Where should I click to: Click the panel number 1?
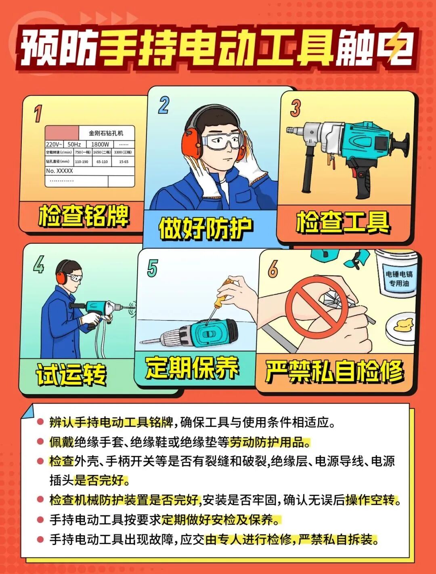38,113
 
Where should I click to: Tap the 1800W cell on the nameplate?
100,144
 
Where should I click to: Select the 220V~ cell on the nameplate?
54,145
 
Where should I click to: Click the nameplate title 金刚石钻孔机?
106,133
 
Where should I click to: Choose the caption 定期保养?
192,367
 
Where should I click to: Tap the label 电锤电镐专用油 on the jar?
399,279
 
